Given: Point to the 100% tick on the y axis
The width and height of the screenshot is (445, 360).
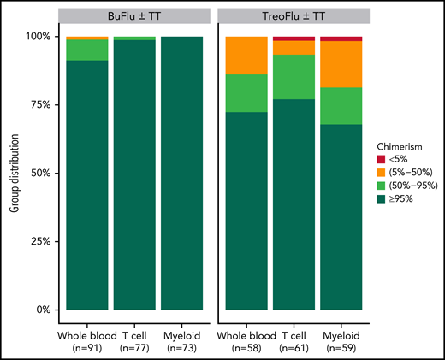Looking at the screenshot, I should [x=37, y=37].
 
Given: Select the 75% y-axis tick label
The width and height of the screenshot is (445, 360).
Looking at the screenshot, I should [x=39, y=105].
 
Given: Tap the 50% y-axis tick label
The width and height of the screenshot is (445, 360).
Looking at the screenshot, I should [x=39, y=174].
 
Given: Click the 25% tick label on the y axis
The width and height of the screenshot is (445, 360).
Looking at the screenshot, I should [x=39, y=241].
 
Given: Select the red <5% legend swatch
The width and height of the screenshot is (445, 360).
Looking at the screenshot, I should [x=384, y=159].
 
